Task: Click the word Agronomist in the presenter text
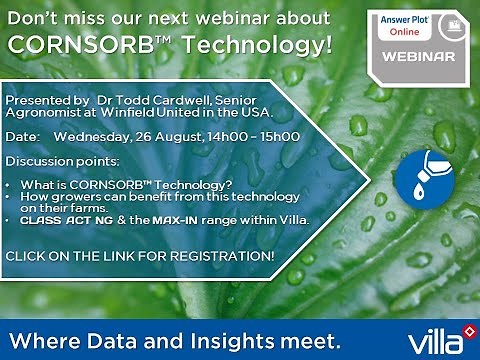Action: [41, 114]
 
